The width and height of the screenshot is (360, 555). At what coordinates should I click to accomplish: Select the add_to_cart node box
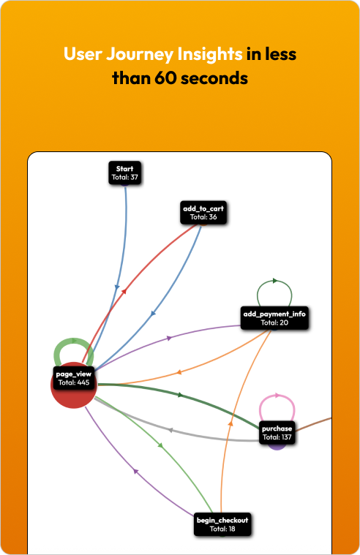pyautogui.click(x=203, y=213)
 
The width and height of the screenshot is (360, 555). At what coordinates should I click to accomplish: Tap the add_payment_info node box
pyautogui.click(x=274, y=318)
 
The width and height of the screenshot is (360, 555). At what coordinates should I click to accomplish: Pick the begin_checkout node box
pyautogui.click(x=222, y=524)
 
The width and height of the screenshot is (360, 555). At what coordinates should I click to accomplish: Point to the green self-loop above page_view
pyautogui.click(x=74, y=341)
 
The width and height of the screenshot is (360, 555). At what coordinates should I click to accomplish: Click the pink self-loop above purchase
pyautogui.click(x=277, y=396)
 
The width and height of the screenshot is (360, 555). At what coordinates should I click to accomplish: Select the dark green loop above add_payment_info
pyautogui.click(x=274, y=281)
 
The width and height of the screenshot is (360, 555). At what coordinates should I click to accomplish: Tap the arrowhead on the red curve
pyautogui.click(x=124, y=291)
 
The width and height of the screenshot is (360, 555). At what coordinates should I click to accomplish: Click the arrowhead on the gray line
pyautogui.click(x=170, y=431)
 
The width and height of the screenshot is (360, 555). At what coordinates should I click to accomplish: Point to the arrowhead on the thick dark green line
pyautogui.click(x=180, y=395)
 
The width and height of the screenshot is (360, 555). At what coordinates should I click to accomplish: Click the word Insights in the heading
pyautogui.click(x=210, y=54)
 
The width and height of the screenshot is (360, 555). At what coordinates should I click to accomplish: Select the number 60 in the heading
pyautogui.click(x=165, y=78)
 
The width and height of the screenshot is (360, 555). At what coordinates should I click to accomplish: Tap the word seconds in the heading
pyautogui.click(x=214, y=78)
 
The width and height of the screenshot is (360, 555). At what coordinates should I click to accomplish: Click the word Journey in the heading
pyautogui.click(x=140, y=55)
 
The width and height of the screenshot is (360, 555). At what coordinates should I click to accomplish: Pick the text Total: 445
pyautogui.click(x=74, y=382)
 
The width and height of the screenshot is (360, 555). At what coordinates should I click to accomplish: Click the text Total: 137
pyautogui.click(x=277, y=437)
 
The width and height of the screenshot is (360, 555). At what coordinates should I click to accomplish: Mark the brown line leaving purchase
pyautogui.click(x=313, y=424)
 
